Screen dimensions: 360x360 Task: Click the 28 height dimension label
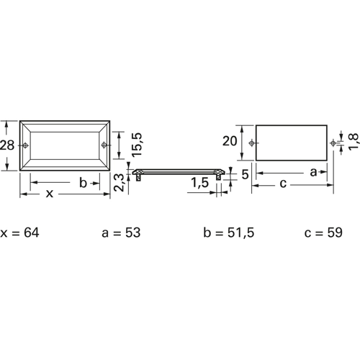coord(7,145)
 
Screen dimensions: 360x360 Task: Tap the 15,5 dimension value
coord(137,145)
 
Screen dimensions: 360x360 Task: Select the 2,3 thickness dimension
coord(119,182)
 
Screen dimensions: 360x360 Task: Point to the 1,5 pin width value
coord(200,183)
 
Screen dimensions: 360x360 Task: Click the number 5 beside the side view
coord(245,174)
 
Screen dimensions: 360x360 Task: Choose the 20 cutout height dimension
coord(230,141)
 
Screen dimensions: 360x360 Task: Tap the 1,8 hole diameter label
coord(354,142)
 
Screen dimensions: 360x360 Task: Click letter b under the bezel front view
coord(83,183)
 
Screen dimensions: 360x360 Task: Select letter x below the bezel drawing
coord(50,194)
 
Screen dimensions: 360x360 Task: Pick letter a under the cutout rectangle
coord(313,172)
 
